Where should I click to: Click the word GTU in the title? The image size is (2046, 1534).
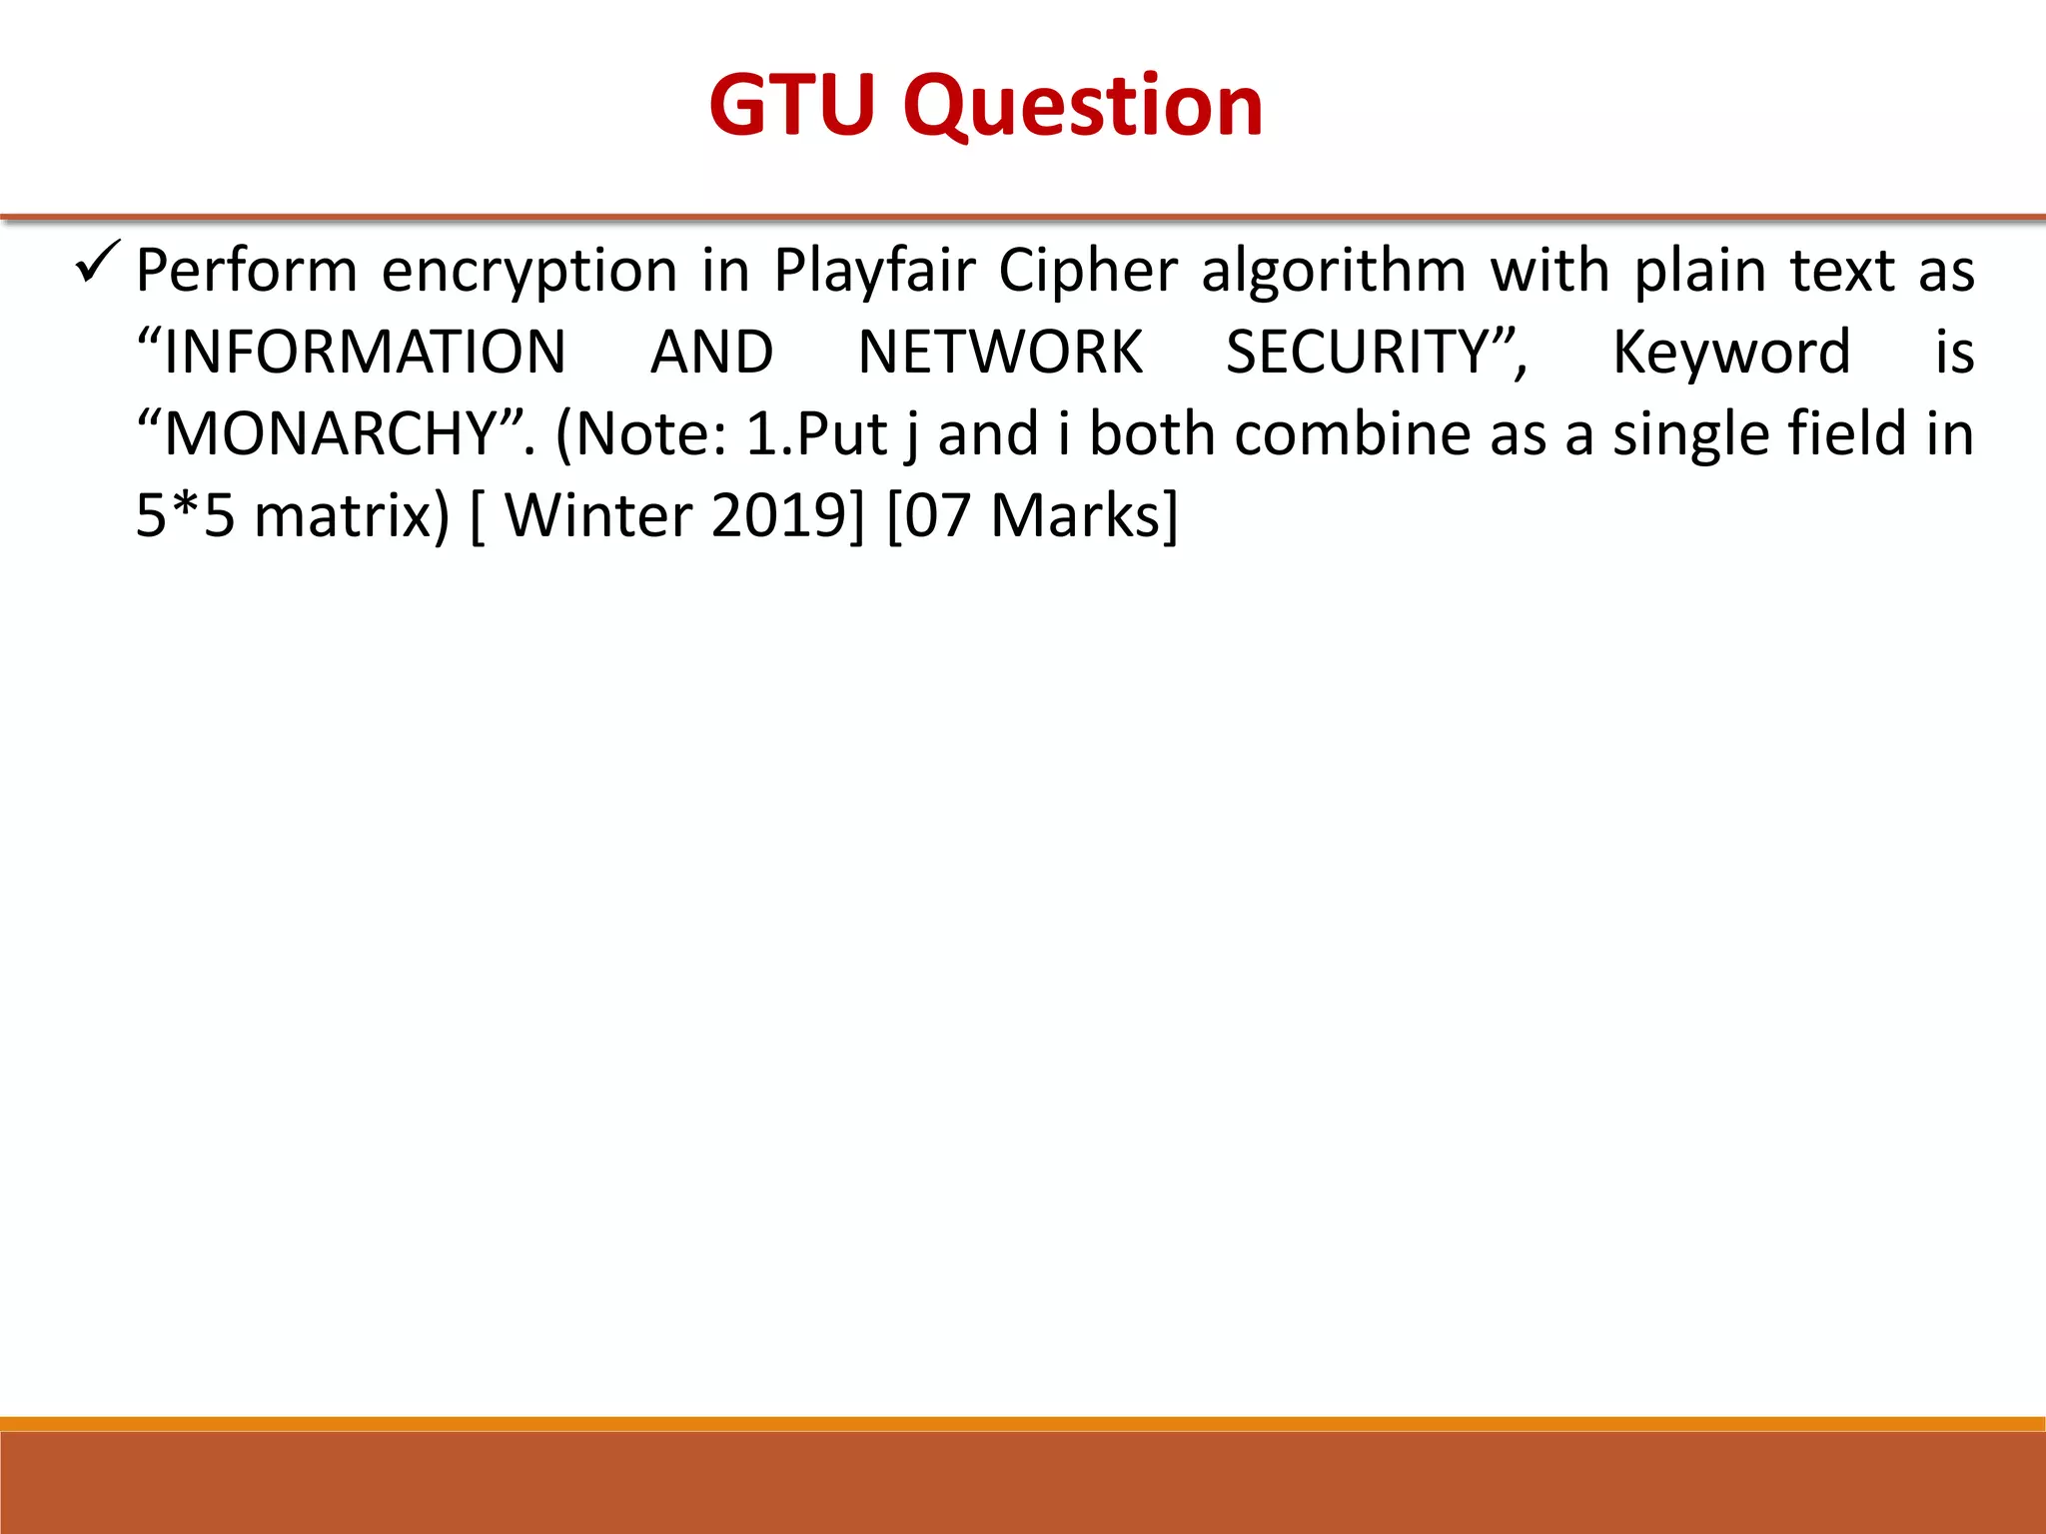pos(791,105)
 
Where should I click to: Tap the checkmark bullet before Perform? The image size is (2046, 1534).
pos(98,262)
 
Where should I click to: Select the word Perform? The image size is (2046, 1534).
pos(247,271)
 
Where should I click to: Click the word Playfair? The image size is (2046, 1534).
pos(874,271)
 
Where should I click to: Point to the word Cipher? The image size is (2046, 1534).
pos(1088,271)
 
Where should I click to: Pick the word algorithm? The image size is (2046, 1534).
pos(1334,271)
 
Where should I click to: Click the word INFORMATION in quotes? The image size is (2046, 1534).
pos(365,353)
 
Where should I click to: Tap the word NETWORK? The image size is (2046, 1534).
pos(1000,353)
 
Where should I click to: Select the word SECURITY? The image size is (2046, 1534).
pos(1358,353)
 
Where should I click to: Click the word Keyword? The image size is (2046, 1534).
pos(1731,353)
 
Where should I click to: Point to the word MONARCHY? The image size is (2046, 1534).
pos(331,434)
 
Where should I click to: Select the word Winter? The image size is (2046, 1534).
pos(597,516)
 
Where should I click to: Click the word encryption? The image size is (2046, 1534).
pos(529,273)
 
